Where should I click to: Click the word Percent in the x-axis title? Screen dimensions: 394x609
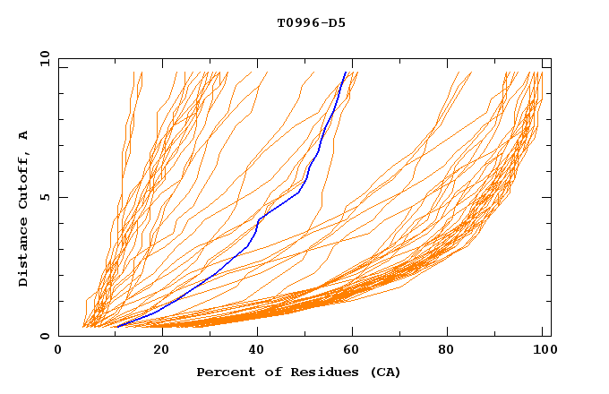point(224,373)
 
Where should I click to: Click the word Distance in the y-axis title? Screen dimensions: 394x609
point(24,253)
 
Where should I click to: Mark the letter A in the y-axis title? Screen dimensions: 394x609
point(24,135)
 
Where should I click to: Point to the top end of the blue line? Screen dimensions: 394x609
point(346,72)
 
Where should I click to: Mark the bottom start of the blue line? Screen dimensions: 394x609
point(116,327)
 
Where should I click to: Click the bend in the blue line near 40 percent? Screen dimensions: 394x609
point(259,218)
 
